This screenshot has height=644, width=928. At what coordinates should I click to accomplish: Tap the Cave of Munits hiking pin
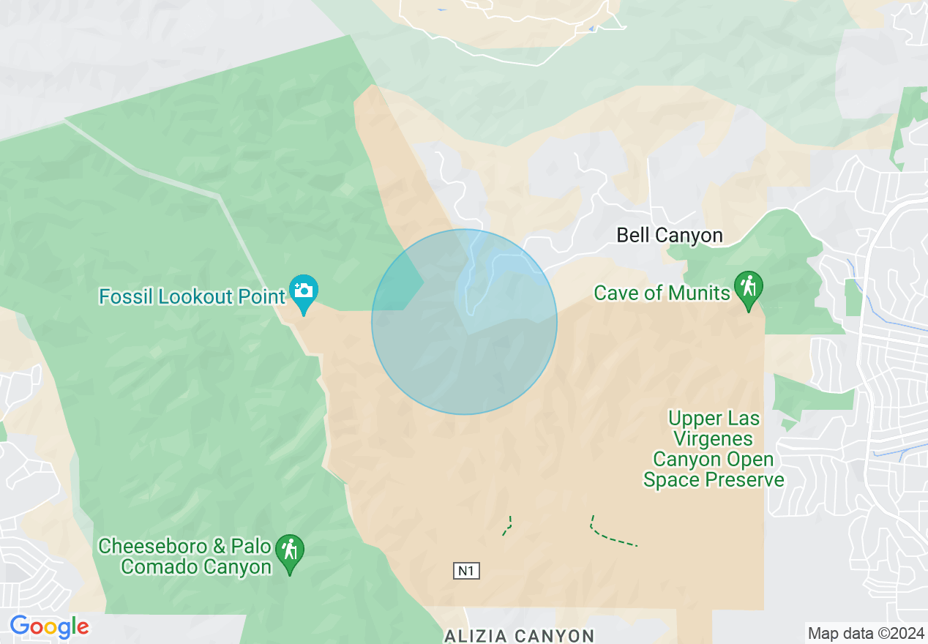pos(748,288)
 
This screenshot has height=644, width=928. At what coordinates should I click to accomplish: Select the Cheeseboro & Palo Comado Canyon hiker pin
pos(290,550)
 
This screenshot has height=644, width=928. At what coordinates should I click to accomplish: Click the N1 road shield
pos(466,571)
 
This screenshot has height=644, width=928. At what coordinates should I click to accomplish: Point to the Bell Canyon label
pos(669,235)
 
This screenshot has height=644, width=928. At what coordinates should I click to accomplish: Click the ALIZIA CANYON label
pos(519,635)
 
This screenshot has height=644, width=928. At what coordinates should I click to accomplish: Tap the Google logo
pos(49,626)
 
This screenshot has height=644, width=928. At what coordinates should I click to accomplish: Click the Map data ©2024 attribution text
pos(866,633)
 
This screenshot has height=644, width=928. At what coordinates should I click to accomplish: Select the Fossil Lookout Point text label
pos(192,296)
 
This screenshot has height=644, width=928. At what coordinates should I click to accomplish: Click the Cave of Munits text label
pos(662,293)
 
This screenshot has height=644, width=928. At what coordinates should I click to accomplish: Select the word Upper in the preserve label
pos(690,419)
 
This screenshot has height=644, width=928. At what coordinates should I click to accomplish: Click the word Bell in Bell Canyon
pos(632,235)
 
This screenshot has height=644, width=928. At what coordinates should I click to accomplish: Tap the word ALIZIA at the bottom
pos(476,635)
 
